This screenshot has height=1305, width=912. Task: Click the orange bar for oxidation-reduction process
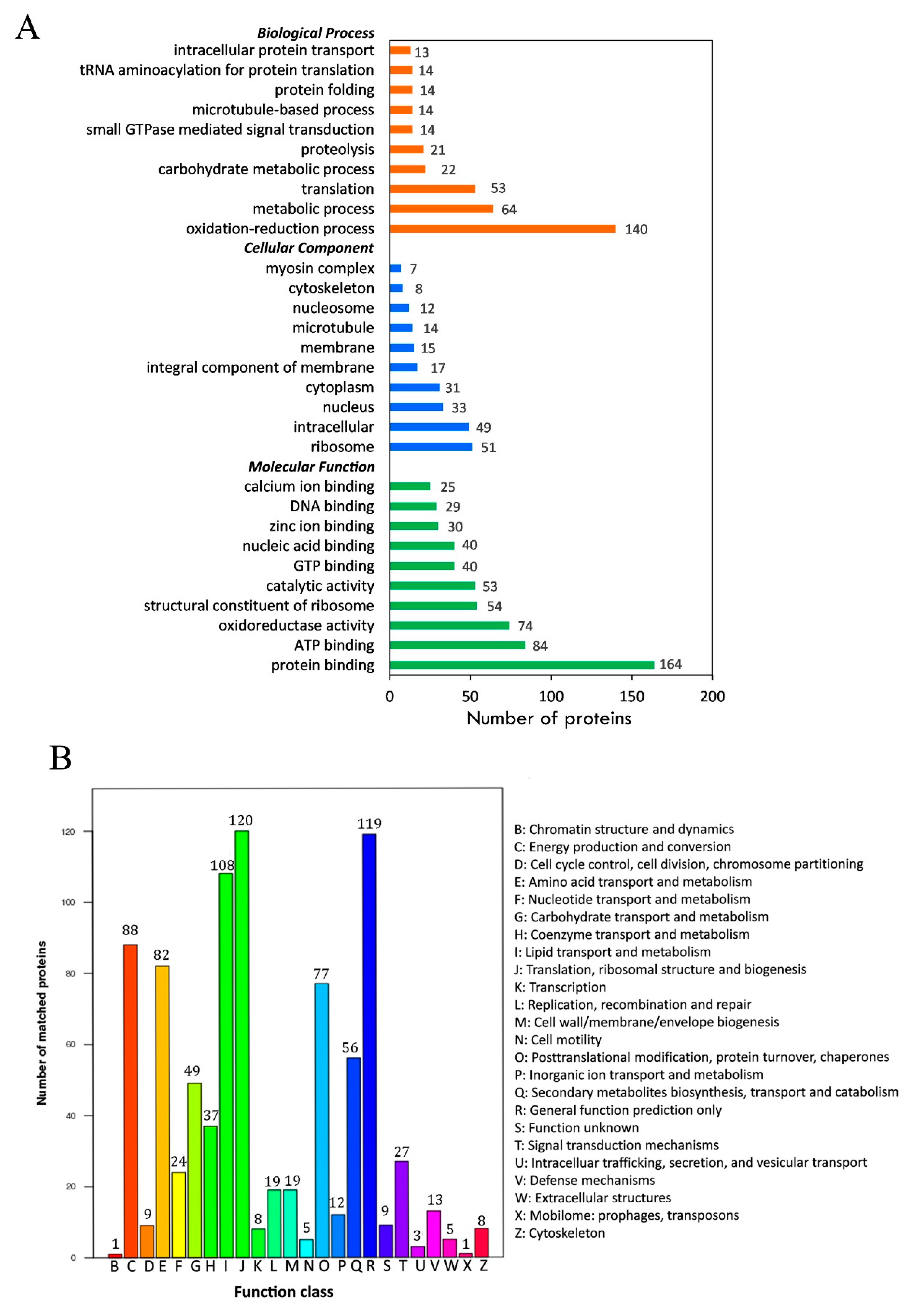[x=502, y=229]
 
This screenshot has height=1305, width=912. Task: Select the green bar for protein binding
[x=522, y=665]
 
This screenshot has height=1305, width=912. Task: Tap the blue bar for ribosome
[x=431, y=447]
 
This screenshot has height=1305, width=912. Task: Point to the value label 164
[x=671, y=664]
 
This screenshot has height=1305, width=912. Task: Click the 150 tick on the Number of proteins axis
[x=631, y=696]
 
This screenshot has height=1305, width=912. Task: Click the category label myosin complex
[x=320, y=268]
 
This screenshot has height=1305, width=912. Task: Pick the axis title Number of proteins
[x=548, y=718]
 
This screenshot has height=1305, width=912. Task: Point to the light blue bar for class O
[x=322, y=1120]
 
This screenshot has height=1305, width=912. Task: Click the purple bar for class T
[x=402, y=1209]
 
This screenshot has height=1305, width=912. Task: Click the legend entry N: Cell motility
[x=558, y=1039]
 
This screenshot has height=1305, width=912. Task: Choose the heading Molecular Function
[x=311, y=467]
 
